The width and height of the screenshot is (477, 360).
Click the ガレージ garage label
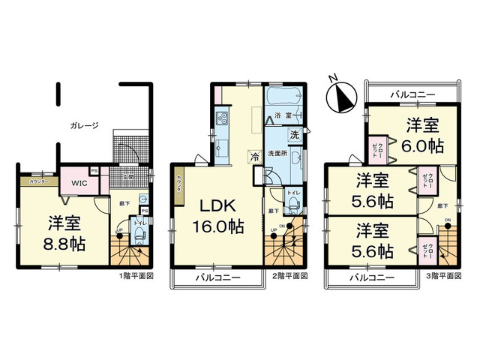(84, 126)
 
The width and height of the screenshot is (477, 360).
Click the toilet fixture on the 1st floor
(139, 235)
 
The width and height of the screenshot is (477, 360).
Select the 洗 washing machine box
(295, 136)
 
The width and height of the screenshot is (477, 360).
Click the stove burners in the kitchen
(222, 118)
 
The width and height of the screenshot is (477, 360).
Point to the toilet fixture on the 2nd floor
(289, 206)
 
